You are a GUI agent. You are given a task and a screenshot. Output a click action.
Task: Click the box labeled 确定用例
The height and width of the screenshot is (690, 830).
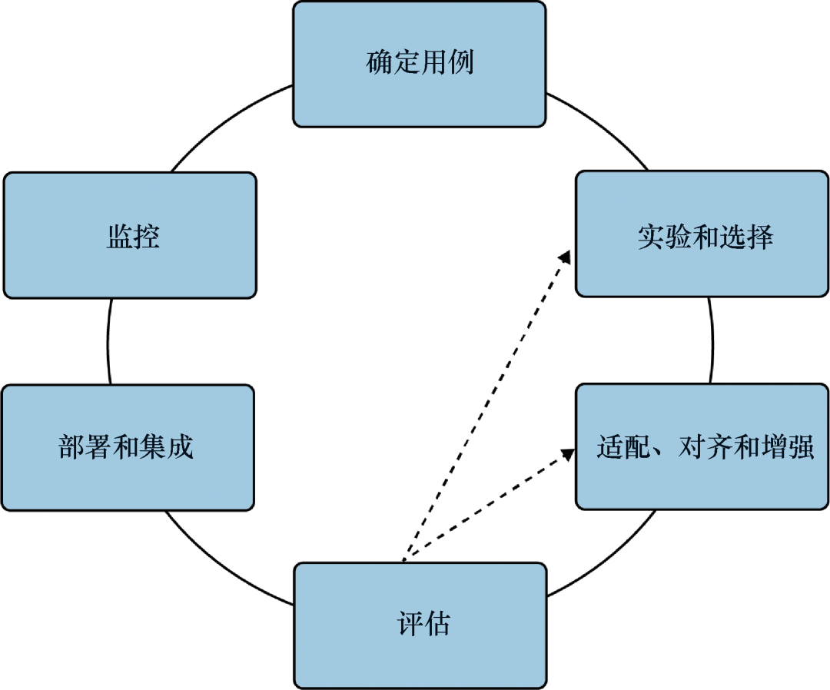420,64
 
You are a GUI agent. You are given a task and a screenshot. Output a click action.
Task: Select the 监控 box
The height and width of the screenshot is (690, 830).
130,235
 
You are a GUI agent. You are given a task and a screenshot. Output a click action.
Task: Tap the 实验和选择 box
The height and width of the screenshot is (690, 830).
702,234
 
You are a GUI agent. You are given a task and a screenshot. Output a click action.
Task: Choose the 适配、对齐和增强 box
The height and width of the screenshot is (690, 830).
702,446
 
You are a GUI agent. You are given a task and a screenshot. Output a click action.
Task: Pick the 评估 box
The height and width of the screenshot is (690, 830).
420,625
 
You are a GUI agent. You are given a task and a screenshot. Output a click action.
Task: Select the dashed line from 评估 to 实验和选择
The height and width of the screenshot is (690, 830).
484,408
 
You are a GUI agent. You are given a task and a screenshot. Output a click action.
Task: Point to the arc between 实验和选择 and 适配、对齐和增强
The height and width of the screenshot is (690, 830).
711,340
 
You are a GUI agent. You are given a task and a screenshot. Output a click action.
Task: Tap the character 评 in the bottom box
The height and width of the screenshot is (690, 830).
409,625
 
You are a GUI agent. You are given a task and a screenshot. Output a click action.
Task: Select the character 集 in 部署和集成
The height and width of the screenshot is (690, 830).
154,447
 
